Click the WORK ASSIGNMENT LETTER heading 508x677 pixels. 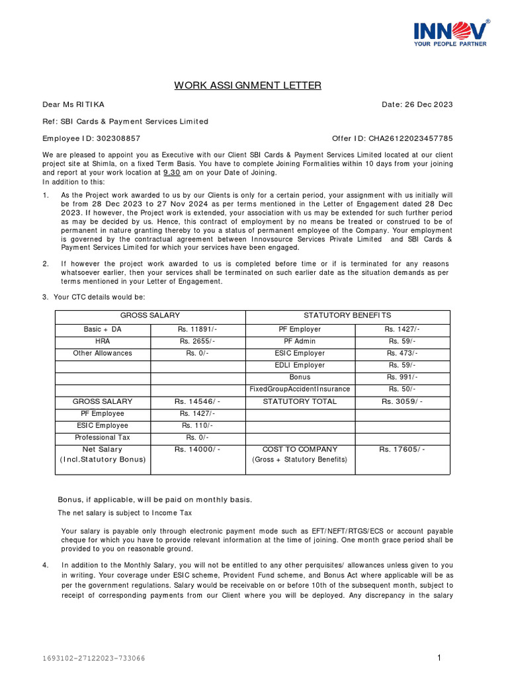[248, 85]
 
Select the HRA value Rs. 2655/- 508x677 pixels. [198, 341]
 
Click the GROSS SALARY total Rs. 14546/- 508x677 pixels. [198, 401]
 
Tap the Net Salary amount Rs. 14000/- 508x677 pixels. [198, 450]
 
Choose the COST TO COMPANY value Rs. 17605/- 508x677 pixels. [402, 450]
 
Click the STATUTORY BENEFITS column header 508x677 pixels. [347, 316]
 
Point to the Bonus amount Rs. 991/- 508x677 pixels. [402, 377]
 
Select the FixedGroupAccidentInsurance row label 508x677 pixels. [300, 389]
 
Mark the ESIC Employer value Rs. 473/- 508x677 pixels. [402, 353]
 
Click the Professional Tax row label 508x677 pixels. [103, 438]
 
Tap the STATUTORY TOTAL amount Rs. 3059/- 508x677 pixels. [402, 401]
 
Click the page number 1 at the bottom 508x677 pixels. [439, 657]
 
